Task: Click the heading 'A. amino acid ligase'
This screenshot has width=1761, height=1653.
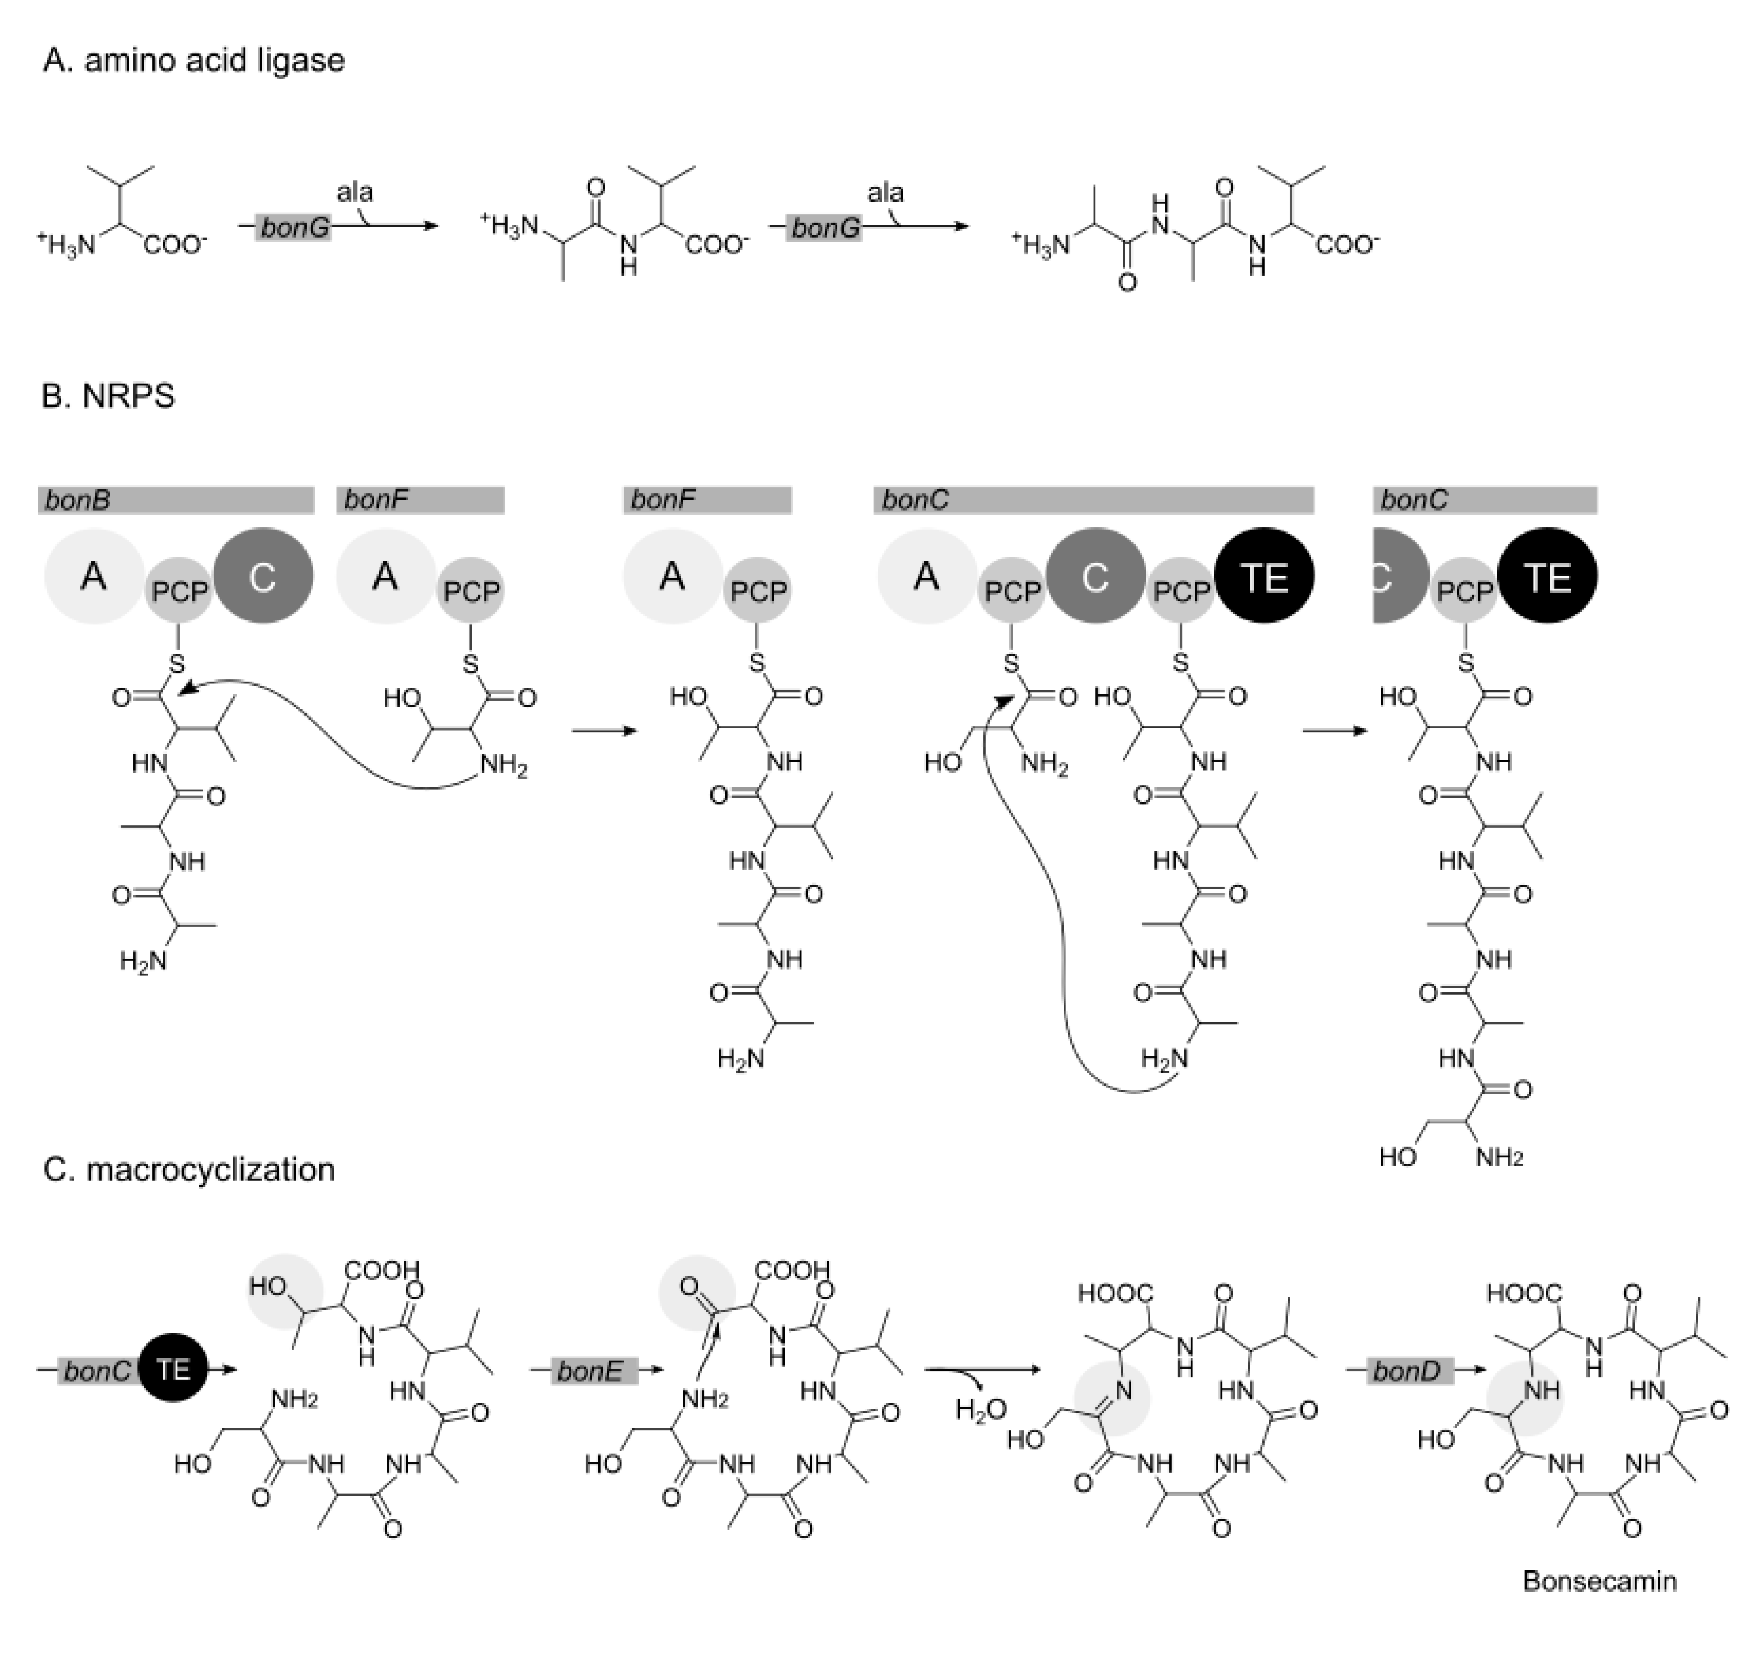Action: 193,60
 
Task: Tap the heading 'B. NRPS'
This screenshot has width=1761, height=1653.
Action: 108,395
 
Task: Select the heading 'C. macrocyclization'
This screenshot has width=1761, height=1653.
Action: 188,1169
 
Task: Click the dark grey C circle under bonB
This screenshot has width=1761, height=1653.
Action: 263,577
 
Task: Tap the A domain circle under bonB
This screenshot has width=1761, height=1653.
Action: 94,577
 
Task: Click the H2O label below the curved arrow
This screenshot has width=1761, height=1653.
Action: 980,1408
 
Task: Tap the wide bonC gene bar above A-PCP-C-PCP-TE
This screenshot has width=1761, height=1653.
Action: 1093,500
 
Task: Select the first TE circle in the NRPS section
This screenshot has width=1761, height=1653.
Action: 1264,577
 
